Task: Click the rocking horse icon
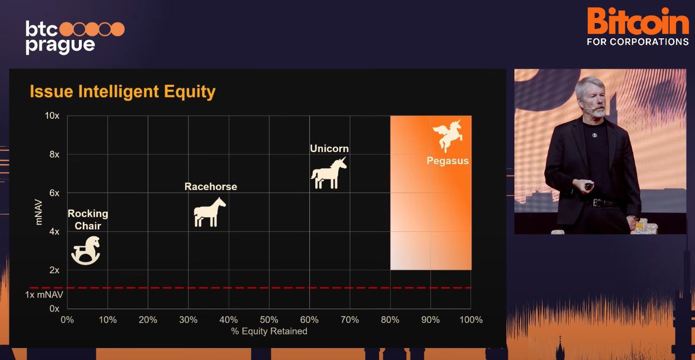pos(86,250)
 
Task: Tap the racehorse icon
pos(210,212)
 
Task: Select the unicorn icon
pos(329,173)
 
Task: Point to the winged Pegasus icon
pos(448,136)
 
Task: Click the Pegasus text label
pos(448,161)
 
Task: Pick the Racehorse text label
pos(211,186)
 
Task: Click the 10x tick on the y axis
pos(52,116)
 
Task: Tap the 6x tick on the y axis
pos(54,193)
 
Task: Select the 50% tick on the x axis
pos(269,320)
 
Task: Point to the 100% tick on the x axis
pos(471,320)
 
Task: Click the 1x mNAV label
pos(44,295)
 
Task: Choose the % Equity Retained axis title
pos(269,331)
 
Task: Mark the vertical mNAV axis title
pos(38,212)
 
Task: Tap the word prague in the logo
pos(60,46)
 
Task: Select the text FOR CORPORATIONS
pos(638,42)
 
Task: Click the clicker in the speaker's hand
pos(588,186)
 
